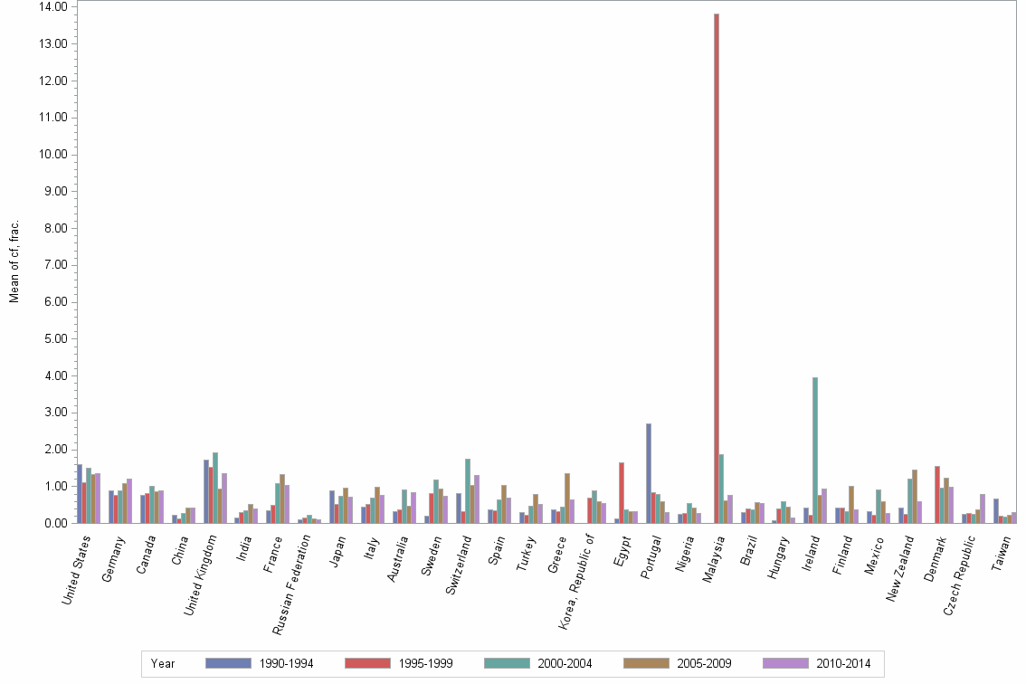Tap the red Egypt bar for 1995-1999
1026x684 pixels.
622,492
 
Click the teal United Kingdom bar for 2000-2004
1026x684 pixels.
215,488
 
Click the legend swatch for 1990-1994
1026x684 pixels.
227,663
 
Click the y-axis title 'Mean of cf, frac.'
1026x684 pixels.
14,261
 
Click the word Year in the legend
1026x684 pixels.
164,663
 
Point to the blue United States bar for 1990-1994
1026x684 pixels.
80,493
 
